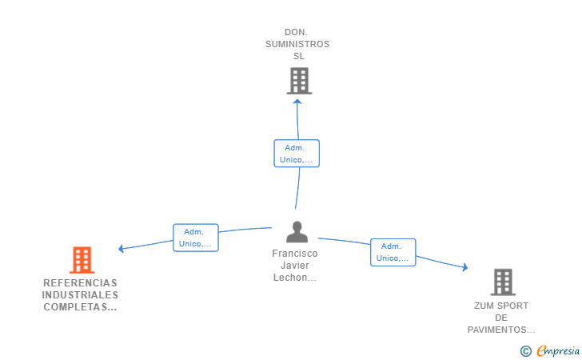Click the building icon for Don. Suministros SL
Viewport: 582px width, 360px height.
click(x=299, y=81)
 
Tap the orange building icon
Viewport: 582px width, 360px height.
click(x=82, y=260)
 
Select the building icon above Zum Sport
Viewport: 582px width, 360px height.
click(x=503, y=282)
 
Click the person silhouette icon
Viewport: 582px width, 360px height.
click(x=297, y=232)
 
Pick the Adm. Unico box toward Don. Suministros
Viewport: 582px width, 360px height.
click(x=297, y=154)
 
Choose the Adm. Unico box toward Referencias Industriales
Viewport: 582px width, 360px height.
click(x=196, y=238)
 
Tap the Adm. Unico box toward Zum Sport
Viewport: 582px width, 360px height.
click(x=393, y=252)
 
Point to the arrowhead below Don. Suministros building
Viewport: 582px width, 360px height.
click(x=297, y=102)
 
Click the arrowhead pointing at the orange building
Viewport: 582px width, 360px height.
click(x=121, y=249)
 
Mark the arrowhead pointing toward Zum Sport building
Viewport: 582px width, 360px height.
click(x=465, y=267)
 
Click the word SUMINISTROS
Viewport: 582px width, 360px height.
click(x=297, y=44)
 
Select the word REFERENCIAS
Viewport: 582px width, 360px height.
click(x=80, y=283)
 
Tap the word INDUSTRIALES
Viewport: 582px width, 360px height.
click(x=80, y=295)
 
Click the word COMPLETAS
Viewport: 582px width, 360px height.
click(x=75, y=307)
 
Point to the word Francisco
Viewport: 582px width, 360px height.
click(x=295, y=254)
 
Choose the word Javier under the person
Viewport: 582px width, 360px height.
click(x=295, y=266)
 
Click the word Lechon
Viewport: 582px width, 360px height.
click(x=290, y=278)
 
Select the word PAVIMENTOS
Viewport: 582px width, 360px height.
click(x=496, y=330)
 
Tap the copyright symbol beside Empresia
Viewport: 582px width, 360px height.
click(x=525, y=351)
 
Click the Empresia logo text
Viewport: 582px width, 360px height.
click(x=558, y=350)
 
